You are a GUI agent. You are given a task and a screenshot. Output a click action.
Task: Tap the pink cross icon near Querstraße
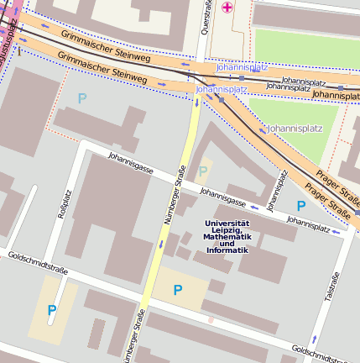tap(227, 8)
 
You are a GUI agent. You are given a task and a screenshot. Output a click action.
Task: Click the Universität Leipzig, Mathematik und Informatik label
tap(227, 237)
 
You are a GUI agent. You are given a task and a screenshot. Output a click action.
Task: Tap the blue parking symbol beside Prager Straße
tap(300, 205)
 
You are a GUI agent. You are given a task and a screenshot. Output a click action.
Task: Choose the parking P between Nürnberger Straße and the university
tap(177, 290)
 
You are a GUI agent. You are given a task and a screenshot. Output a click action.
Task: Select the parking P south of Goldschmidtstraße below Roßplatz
tap(52, 310)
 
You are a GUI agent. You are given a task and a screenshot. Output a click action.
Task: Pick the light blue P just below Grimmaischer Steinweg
tap(82, 98)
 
